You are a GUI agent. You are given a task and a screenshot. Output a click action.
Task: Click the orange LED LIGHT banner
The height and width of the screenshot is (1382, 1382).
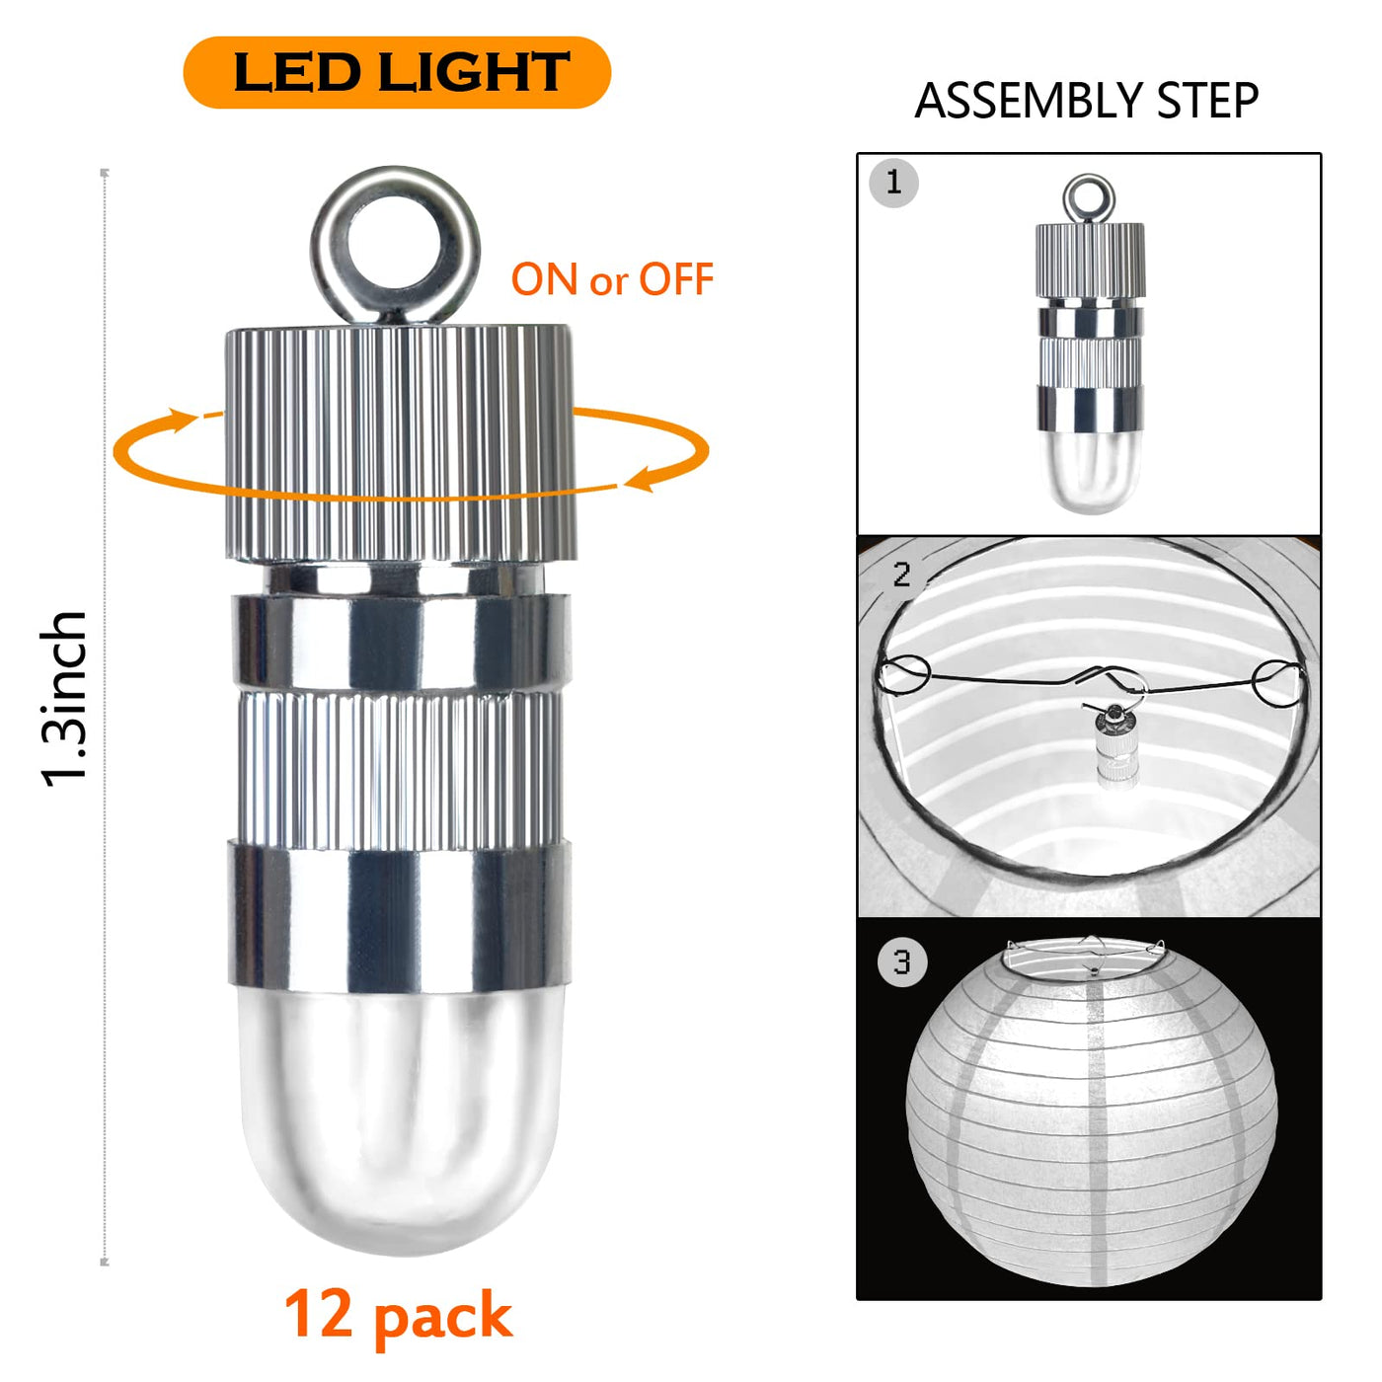[397, 72]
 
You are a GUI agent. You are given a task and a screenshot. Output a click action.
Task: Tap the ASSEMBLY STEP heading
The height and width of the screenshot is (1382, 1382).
[1087, 101]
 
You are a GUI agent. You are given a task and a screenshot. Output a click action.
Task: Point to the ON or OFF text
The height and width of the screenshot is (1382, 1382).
[612, 279]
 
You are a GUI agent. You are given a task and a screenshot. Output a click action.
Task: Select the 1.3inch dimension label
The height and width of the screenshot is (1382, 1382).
[64, 699]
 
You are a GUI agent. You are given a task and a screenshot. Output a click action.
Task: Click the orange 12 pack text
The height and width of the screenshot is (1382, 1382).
[398, 1315]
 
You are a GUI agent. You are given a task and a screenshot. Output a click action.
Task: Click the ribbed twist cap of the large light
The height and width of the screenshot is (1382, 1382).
[400, 442]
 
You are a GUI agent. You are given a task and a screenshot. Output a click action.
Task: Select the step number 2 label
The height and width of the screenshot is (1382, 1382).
[901, 575]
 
